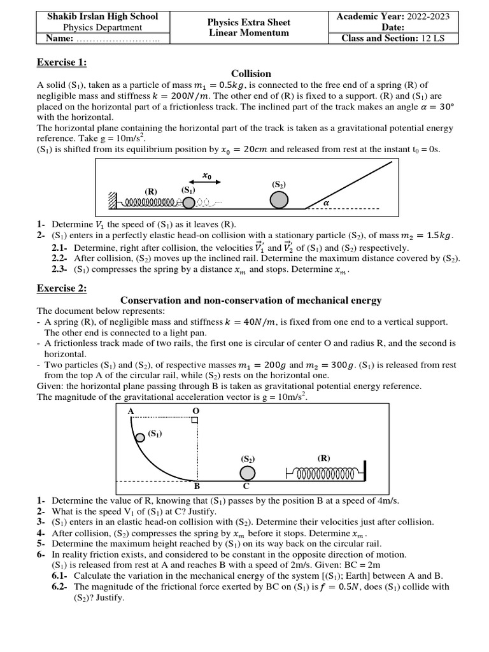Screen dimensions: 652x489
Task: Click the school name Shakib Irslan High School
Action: (x=103, y=16)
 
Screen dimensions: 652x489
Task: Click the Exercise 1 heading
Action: (x=61, y=62)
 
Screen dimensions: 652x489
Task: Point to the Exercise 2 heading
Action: (x=61, y=288)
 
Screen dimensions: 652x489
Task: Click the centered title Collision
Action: (x=251, y=74)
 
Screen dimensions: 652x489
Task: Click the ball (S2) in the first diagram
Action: (x=278, y=200)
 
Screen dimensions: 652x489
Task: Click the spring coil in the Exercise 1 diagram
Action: (x=148, y=202)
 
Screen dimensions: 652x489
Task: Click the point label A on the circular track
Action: (x=131, y=411)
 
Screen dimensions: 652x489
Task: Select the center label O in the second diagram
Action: (x=195, y=411)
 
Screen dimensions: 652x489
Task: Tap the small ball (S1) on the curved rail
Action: (x=139, y=437)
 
